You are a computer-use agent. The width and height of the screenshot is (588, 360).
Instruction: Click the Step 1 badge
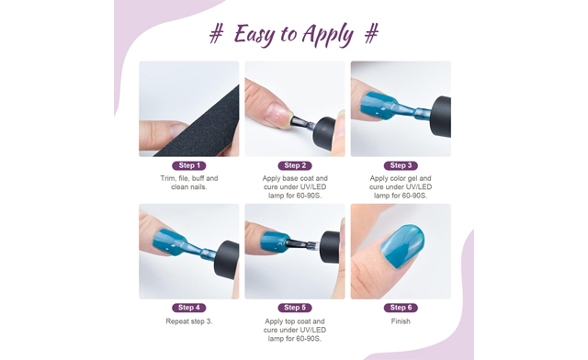188,165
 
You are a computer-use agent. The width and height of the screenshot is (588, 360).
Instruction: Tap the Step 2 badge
295,165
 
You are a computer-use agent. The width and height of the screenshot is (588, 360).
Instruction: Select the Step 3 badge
401,165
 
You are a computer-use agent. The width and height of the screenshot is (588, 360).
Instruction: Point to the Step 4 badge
188,308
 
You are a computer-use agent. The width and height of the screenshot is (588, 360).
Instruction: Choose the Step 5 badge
295,308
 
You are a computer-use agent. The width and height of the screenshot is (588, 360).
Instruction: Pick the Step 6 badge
401,308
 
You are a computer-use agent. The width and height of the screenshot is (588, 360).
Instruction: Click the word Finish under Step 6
401,321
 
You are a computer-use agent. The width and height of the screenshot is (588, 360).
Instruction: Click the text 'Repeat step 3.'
188,321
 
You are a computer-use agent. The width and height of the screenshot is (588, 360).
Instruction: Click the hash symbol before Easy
217,35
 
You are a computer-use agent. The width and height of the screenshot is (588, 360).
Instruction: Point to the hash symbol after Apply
371,35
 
